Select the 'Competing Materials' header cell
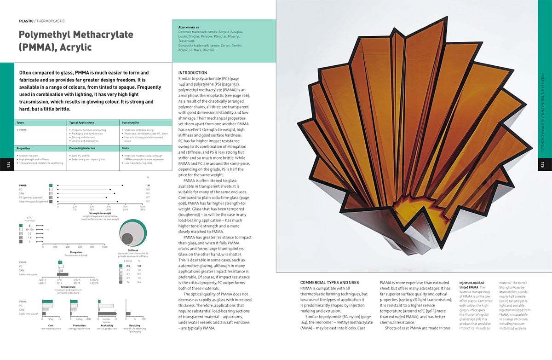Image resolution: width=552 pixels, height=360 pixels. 81,149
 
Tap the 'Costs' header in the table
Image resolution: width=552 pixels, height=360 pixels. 125,149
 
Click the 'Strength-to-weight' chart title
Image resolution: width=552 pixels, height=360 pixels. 100,213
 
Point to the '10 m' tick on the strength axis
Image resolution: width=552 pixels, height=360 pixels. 143,207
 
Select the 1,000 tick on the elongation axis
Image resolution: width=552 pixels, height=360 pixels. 104,246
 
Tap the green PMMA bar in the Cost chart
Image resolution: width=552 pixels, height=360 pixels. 47,302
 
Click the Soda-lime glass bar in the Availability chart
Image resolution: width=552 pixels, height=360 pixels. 100,313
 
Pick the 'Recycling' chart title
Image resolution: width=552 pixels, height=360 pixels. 134,325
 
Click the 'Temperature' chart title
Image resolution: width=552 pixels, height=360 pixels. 68,286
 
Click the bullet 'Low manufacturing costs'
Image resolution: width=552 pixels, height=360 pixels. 138,163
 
